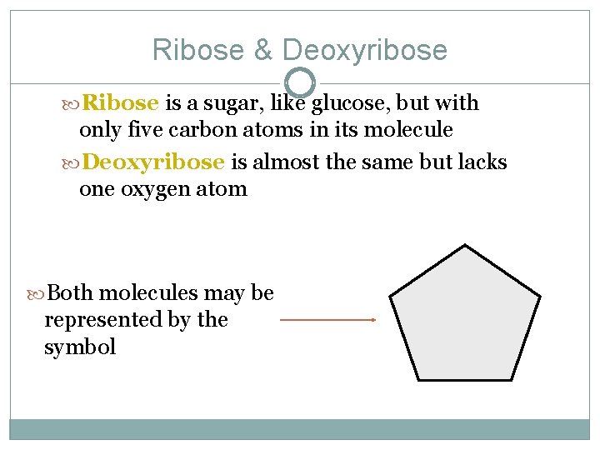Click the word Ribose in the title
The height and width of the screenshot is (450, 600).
[199, 51]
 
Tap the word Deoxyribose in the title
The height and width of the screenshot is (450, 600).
[365, 52]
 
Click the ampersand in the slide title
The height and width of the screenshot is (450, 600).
[263, 51]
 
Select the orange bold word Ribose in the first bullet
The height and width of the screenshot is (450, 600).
[121, 103]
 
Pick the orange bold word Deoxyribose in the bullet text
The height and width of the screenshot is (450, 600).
[154, 162]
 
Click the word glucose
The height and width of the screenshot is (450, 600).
[349, 103]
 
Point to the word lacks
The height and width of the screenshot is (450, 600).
[482, 162]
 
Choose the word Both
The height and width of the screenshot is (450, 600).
[71, 292]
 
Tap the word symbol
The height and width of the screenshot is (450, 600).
[80, 347]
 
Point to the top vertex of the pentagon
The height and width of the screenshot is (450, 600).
[465, 245]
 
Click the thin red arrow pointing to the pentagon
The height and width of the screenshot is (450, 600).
[327, 319]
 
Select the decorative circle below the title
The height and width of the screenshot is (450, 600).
[300, 82]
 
